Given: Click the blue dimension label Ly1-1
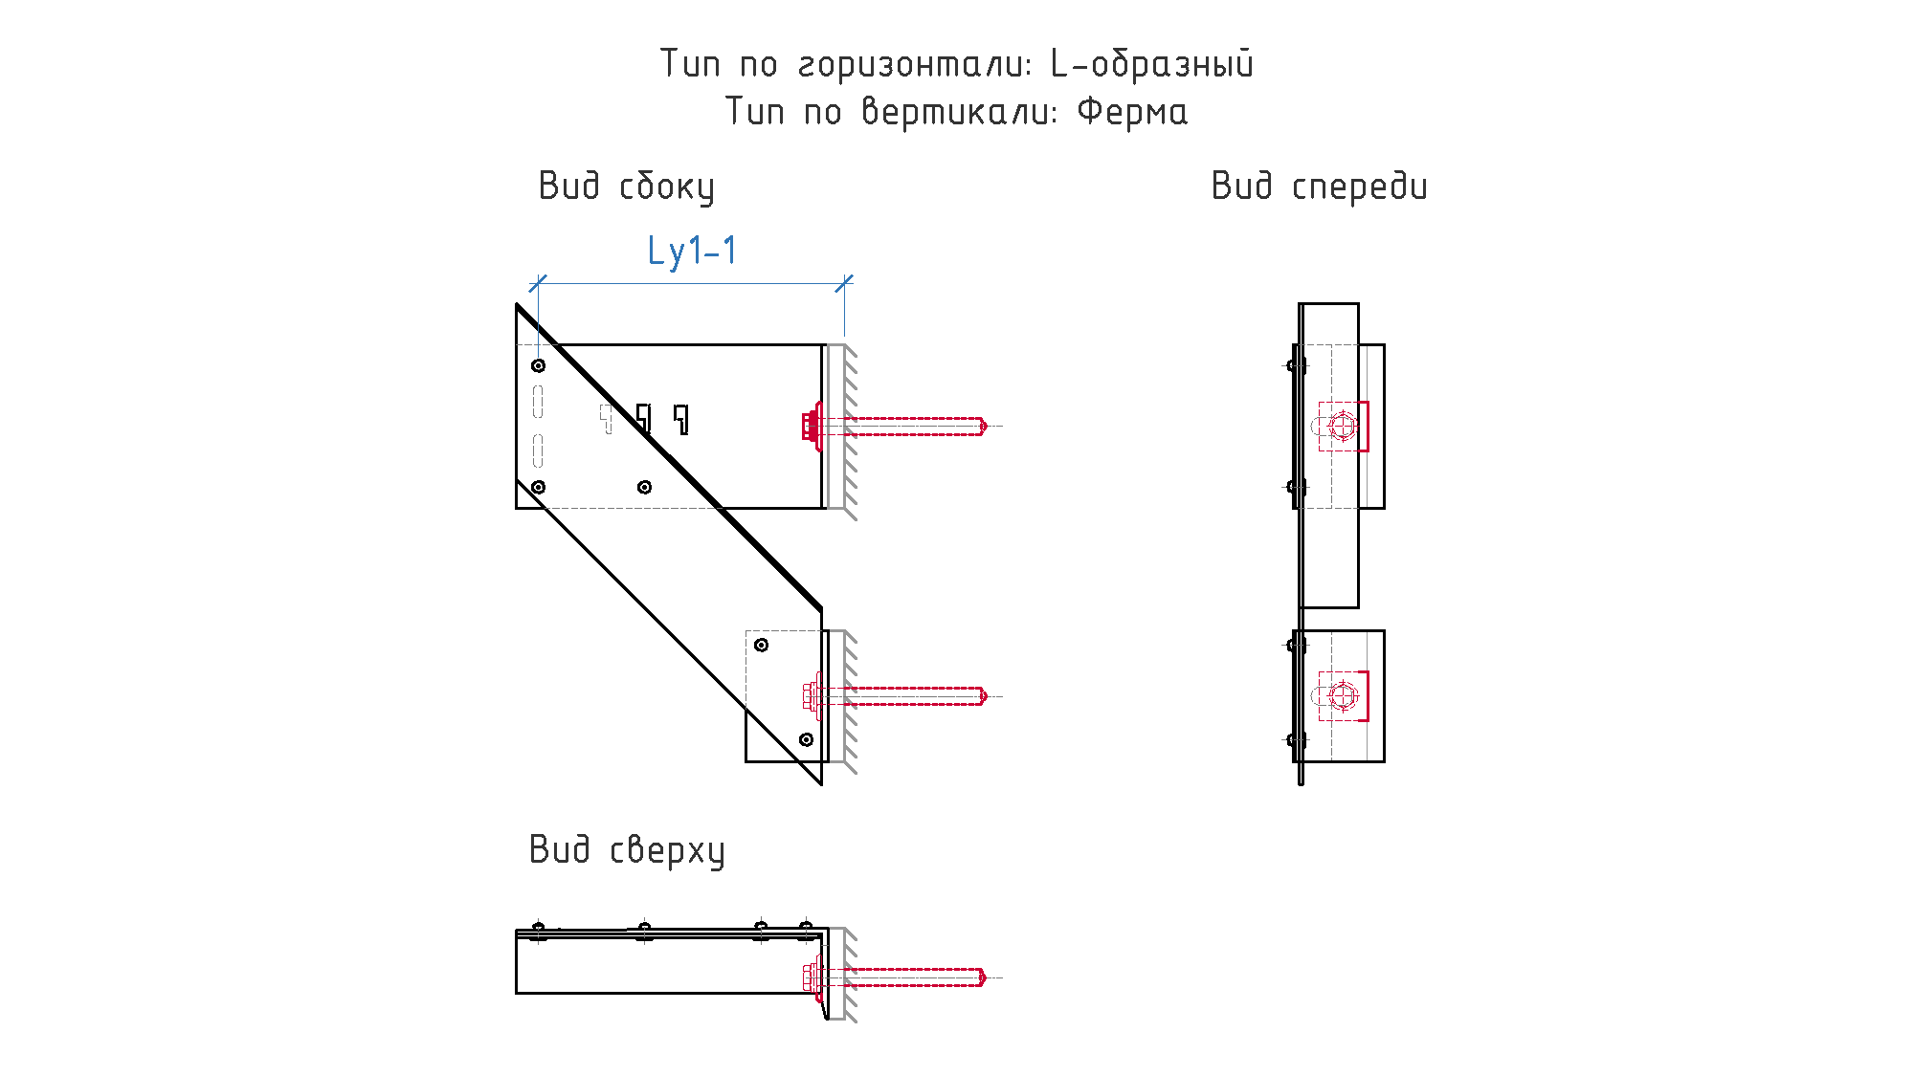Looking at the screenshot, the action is pyautogui.click(x=692, y=251).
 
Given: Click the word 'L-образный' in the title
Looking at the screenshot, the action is pyautogui.click(x=1152, y=64).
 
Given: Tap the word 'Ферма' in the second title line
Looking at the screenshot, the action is pyautogui.click(x=1132, y=112).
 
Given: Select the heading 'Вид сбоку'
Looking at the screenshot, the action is pyautogui.click(x=627, y=187).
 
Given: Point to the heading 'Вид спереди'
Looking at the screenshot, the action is pyautogui.click(x=1320, y=187).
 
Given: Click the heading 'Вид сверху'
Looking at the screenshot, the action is pyautogui.click(x=627, y=850).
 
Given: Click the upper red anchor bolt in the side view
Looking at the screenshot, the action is pyautogui.click(x=895, y=426).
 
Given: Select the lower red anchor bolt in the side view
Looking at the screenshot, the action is pyautogui.click(x=895, y=696).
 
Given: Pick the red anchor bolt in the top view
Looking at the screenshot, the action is pyautogui.click(x=895, y=977).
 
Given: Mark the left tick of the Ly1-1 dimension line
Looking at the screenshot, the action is pyautogui.click(x=538, y=283).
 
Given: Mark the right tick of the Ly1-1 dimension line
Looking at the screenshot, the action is pyautogui.click(x=844, y=283).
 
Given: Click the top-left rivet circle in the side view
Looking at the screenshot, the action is pyautogui.click(x=539, y=365).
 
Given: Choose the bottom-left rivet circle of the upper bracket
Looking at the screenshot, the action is pyautogui.click(x=539, y=487).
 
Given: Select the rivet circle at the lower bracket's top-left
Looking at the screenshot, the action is pyautogui.click(x=761, y=645).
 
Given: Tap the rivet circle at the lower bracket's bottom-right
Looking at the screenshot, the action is pyautogui.click(x=806, y=739).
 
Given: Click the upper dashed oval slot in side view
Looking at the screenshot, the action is pyautogui.click(x=538, y=402).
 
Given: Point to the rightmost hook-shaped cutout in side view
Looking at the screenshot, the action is pyautogui.click(x=681, y=419).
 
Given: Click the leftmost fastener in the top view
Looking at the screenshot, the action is pyautogui.click(x=539, y=931).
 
